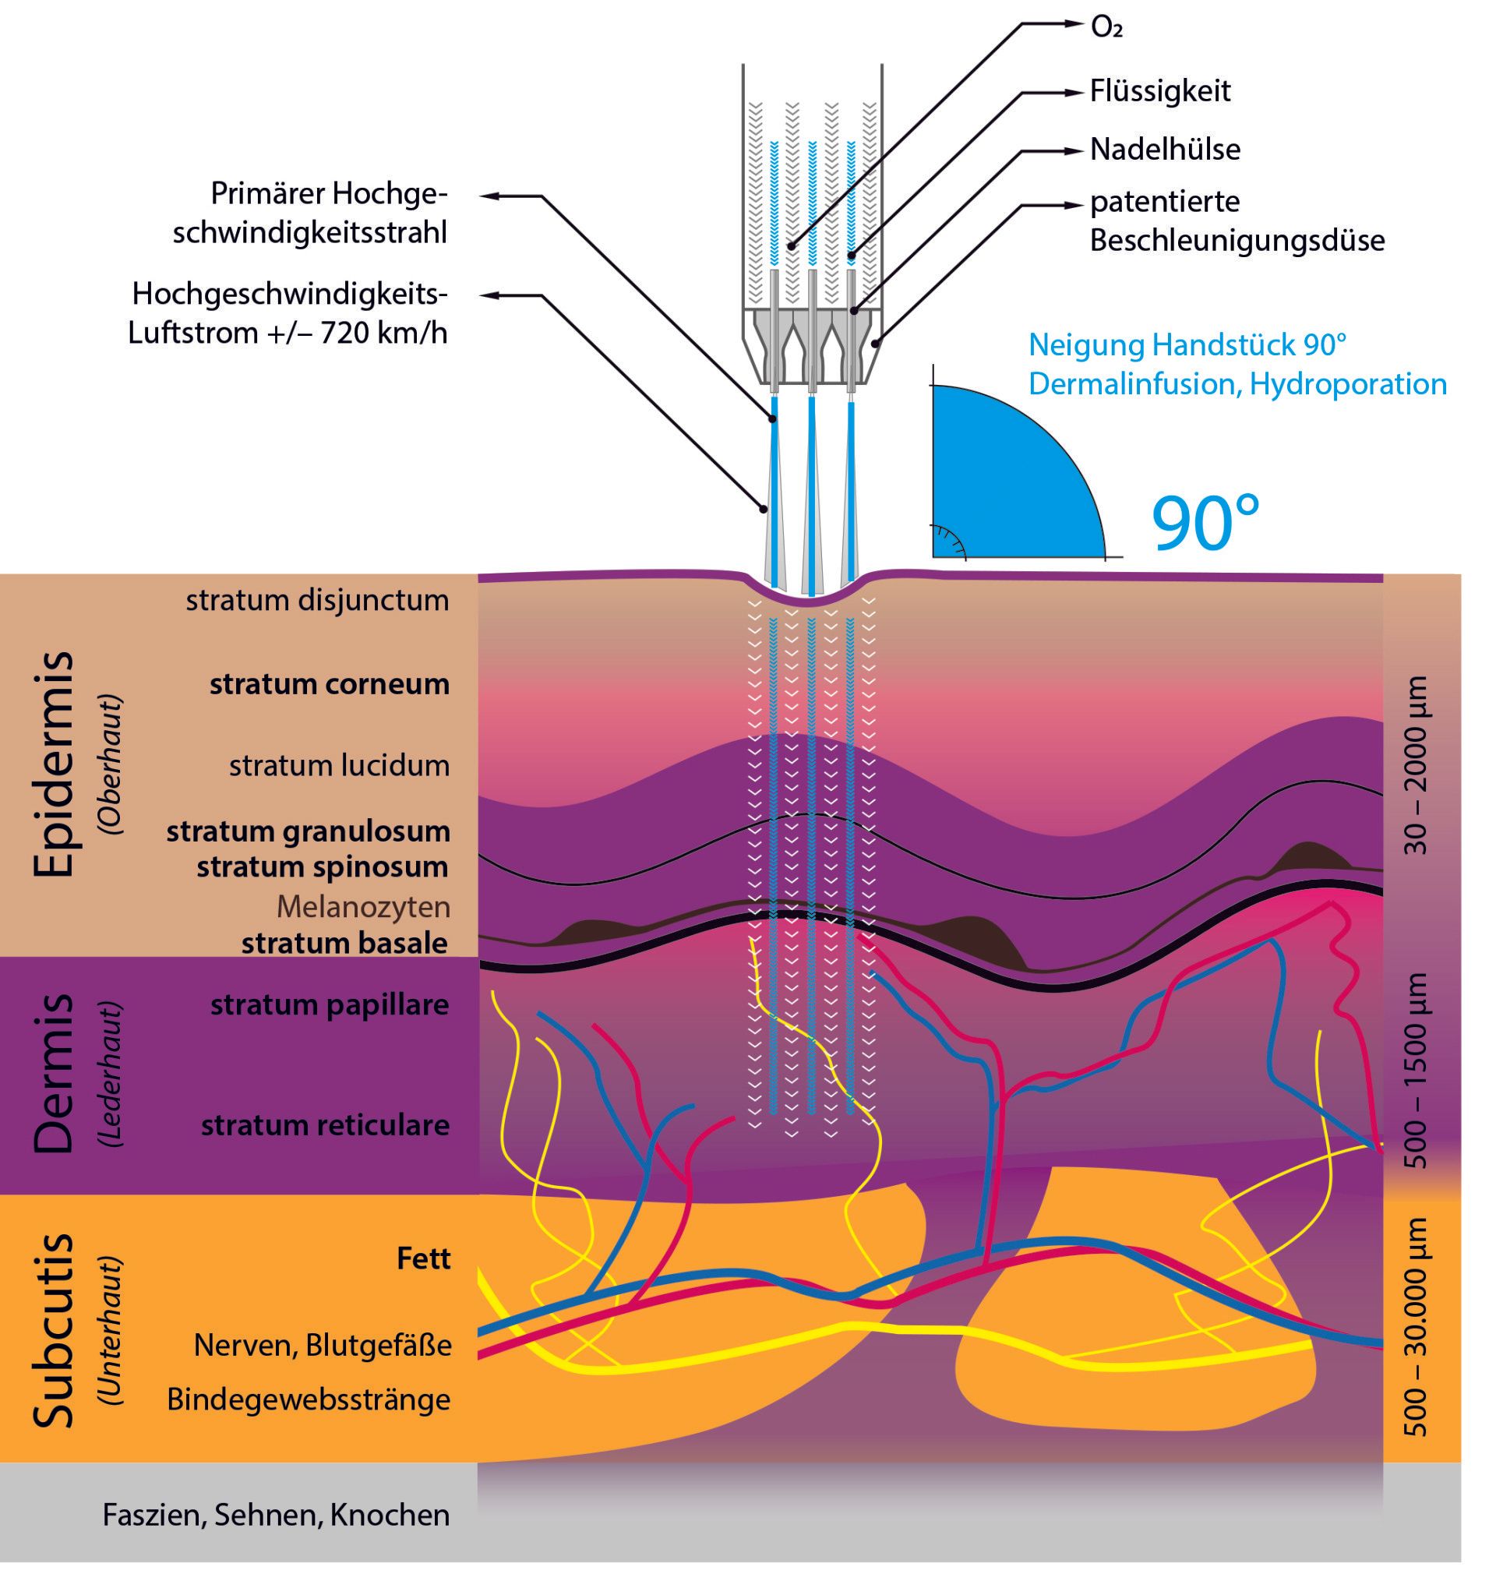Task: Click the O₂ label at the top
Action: [x=1107, y=29]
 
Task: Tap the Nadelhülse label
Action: [x=1164, y=149]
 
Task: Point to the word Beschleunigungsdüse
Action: [x=1237, y=240]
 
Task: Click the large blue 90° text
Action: [x=1205, y=522]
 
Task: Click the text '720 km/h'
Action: [x=384, y=333]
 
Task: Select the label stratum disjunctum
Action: [x=317, y=601]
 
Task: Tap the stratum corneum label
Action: [x=330, y=684]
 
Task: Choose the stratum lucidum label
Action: [x=340, y=765]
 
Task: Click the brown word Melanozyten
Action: [x=364, y=906]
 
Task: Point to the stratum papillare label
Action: [x=330, y=1004]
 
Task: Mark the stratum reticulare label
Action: [x=326, y=1125]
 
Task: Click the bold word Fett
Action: [x=423, y=1258]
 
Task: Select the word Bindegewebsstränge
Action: [x=309, y=1399]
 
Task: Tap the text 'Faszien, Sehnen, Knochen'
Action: [x=276, y=1514]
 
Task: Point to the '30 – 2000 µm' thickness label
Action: [x=1417, y=765]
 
